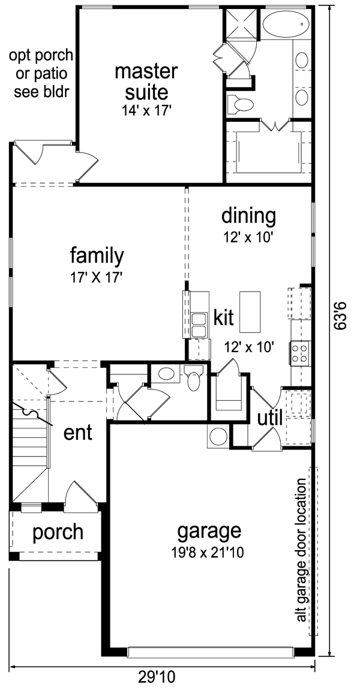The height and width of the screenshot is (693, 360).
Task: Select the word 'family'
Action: pyautogui.click(x=97, y=256)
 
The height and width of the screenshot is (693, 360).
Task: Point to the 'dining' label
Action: pyautogui.click(x=248, y=217)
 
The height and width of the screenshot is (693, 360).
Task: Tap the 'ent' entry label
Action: pyautogui.click(x=78, y=433)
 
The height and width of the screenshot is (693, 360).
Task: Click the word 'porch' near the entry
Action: pyautogui.click(x=58, y=532)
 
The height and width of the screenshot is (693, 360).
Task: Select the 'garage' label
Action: pyautogui.click(x=209, y=531)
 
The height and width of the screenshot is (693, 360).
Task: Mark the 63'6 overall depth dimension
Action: pyautogui.click(x=340, y=316)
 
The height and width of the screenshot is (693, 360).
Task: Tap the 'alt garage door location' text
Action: pyautogui.click(x=301, y=550)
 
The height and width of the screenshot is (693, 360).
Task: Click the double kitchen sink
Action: pyautogui.click(x=199, y=325)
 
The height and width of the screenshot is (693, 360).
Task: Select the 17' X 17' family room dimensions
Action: pyautogui.click(x=95, y=278)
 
